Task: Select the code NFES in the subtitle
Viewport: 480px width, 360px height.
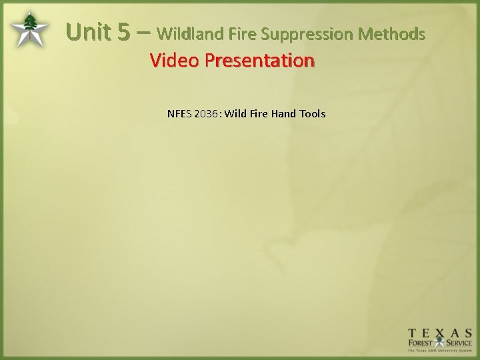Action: click(x=179, y=113)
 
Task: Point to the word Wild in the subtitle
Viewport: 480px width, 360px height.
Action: click(x=236, y=113)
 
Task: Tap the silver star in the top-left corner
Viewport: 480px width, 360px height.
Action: click(x=29, y=29)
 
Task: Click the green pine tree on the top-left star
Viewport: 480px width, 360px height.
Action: click(x=30, y=26)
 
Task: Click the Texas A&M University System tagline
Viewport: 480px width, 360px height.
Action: click(x=440, y=353)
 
